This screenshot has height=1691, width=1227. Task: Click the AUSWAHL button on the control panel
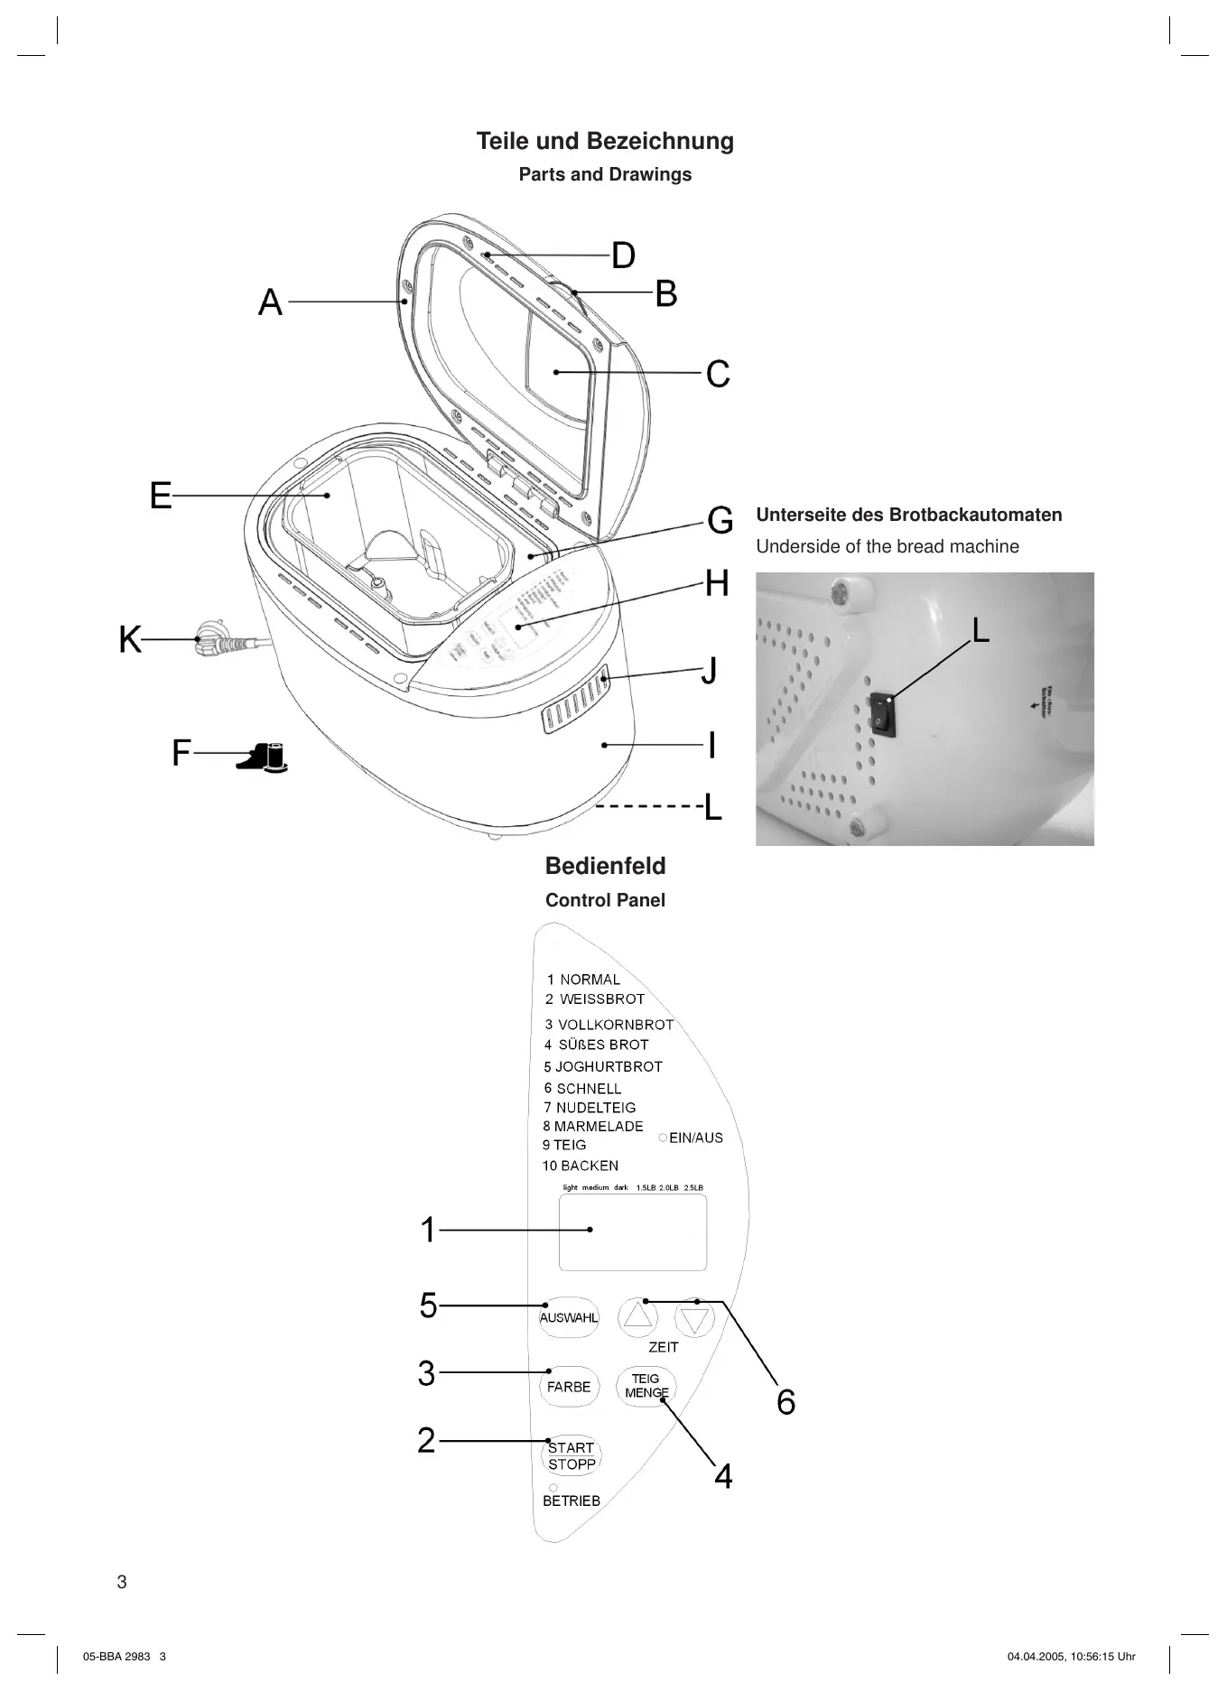click(x=569, y=1317)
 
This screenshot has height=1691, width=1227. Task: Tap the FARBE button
click(x=569, y=1387)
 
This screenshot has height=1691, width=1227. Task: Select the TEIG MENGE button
click(x=646, y=1386)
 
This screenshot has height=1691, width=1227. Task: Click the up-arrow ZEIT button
click(x=637, y=1318)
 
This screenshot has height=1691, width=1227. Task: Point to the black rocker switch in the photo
click(x=883, y=715)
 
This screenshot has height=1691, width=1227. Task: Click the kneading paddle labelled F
click(x=264, y=758)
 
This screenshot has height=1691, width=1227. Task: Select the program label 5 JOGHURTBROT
click(x=603, y=1066)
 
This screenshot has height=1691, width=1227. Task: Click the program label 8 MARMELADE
click(x=593, y=1126)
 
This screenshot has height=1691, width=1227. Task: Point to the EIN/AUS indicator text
click(x=695, y=1138)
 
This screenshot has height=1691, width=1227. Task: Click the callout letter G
click(x=720, y=521)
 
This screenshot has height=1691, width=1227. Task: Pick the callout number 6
click(x=786, y=1402)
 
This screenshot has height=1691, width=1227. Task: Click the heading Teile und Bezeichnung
click(x=605, y=141)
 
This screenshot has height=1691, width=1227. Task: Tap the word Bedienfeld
click(x=605, y=866)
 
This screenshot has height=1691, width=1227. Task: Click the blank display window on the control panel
click(x=632, y=1232)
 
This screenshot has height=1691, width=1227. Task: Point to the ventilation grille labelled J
click(x=575, y=701)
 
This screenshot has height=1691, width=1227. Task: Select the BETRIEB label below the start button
click(x=571, y=1501)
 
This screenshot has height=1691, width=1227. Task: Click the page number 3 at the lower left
click(x=122, y=1582)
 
